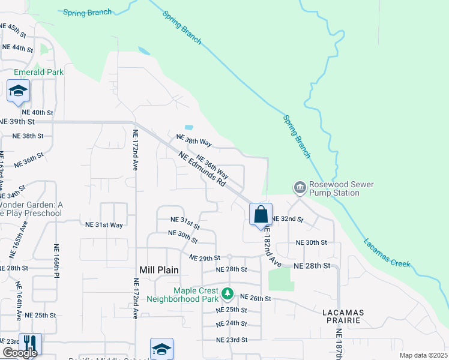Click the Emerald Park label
(x=39, y=72)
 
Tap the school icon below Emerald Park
(x=18, y=92)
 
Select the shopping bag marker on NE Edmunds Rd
(x=261, y=215)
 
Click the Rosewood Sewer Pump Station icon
(x=299, y=188)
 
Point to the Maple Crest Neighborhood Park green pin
(x=227, y=293)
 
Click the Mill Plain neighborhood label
(x=159, y=270)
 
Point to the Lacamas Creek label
(x=387, y=253)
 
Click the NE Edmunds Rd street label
(x=202, y=169)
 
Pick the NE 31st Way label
(x=104, y=224)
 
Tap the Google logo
(x=20, y=353)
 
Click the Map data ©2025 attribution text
(x=423, y=355)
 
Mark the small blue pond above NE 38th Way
(x=189, y=127)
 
